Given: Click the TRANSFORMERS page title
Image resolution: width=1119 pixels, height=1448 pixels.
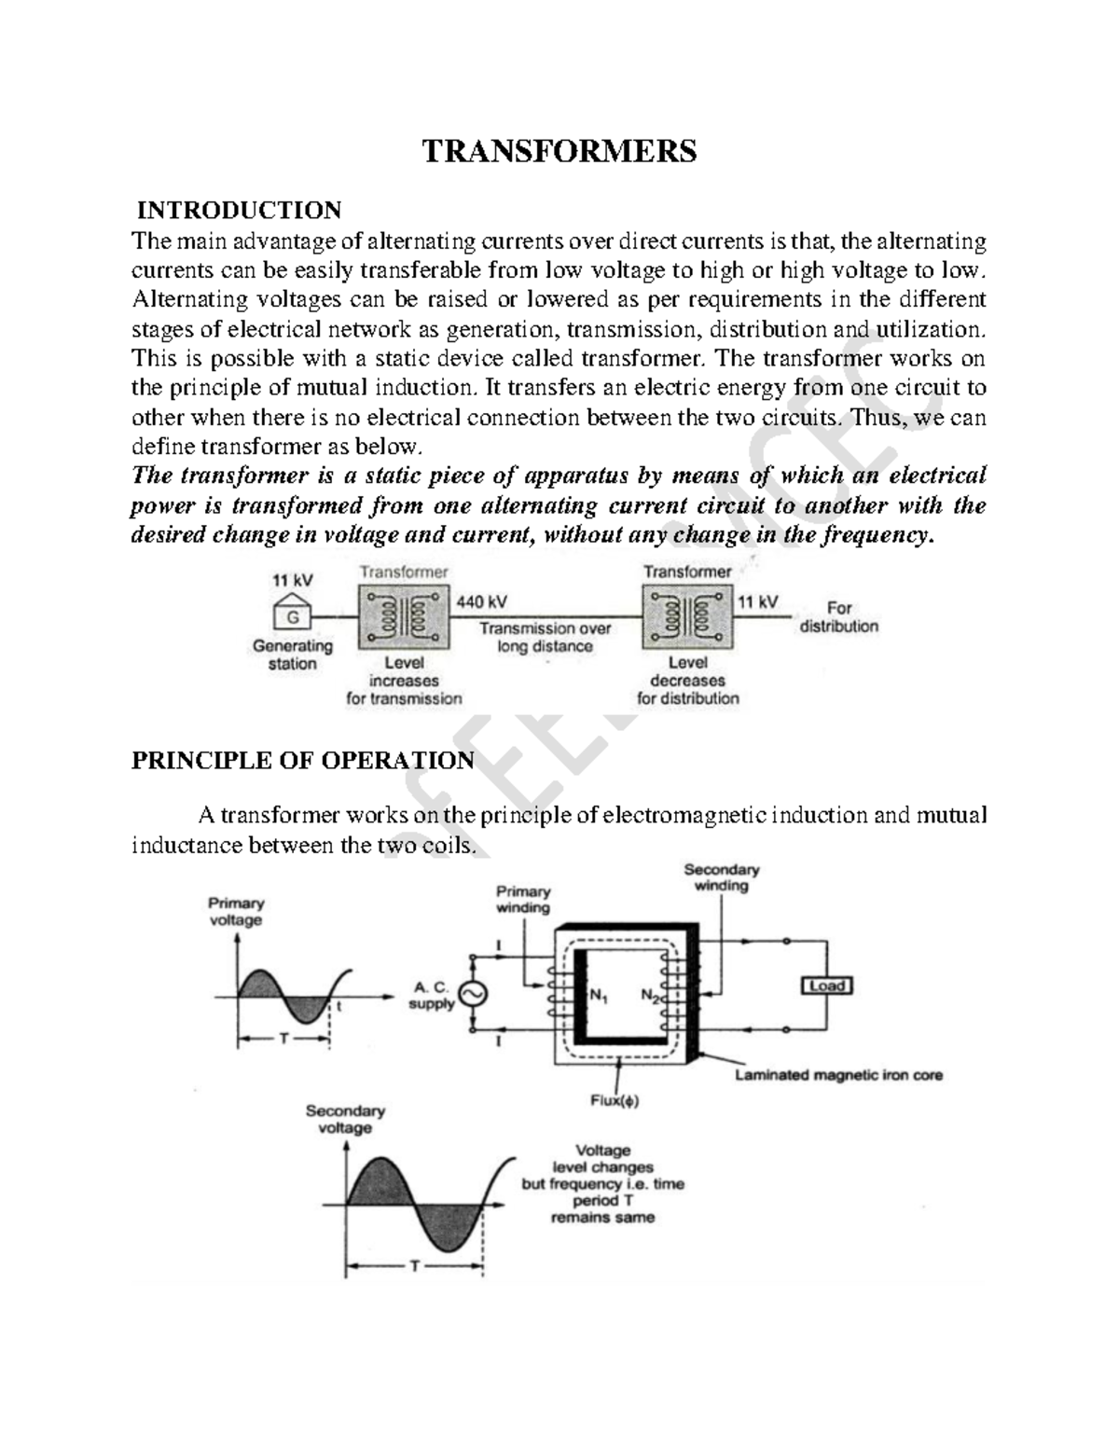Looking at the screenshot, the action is click(559, 150).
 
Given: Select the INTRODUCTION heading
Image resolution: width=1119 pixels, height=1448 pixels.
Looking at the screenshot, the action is click(239, 210).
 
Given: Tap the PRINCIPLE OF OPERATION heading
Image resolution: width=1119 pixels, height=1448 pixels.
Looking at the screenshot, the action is click(303, 761).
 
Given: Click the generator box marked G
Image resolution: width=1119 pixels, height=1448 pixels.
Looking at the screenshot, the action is click(292, 615).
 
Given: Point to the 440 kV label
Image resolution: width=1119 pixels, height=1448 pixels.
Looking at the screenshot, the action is click(482, 602).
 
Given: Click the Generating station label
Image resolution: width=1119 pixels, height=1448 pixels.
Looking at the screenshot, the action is click(293, 655).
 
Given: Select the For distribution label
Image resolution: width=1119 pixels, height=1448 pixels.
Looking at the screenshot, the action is click(838, 617).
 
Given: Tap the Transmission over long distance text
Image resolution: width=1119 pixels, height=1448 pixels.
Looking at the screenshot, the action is click(546, 638).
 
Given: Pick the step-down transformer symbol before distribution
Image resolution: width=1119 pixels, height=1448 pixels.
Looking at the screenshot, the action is click(687, 616).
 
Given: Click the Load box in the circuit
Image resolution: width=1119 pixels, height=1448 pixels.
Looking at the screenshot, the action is click(827, 986).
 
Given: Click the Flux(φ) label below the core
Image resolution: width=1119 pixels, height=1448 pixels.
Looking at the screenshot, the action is click(615, 1100).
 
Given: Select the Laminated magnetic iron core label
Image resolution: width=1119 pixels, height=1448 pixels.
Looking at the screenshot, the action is click(838, 1075).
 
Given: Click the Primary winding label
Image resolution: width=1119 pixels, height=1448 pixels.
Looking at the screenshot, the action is click(523, 900).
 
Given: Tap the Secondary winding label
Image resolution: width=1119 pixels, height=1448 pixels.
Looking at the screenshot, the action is click(722, 877).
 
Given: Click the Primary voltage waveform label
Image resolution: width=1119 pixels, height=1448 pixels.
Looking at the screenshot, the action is click(236, 912).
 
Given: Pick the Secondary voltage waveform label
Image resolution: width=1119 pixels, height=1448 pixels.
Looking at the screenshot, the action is click(345, 1120).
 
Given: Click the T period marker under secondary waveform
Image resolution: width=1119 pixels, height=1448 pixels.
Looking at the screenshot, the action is click(414, 1267).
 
